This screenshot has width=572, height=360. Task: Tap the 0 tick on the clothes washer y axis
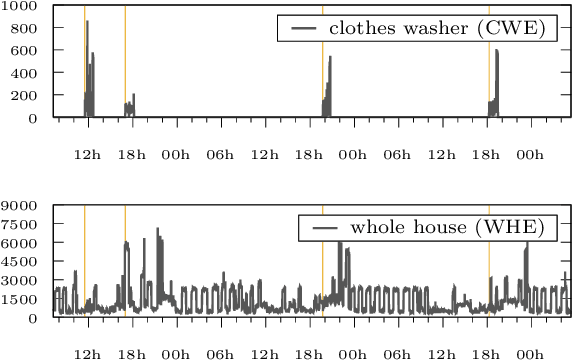coord(33,118)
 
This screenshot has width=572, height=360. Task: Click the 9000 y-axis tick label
coord(20,205)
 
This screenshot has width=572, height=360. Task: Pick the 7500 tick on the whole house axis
coord(20,224)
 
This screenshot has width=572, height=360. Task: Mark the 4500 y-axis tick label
coord(20,262)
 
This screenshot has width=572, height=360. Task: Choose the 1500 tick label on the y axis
coord(20,299)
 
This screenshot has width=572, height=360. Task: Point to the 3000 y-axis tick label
coord(20,281)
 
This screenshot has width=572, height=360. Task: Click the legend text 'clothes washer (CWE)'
coord(436,29)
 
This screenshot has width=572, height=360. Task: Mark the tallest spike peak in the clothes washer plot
coord(87,21)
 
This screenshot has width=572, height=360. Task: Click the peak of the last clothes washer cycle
coord(496,50)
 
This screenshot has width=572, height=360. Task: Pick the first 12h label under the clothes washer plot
coord(88,155)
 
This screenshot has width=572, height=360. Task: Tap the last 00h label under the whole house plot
coord(531,354)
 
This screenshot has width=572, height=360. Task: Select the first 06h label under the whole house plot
coord(220,354)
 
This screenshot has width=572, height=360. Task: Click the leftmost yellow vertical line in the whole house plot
coord(84,260)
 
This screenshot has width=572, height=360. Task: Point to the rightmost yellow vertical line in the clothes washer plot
coord(489,60)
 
